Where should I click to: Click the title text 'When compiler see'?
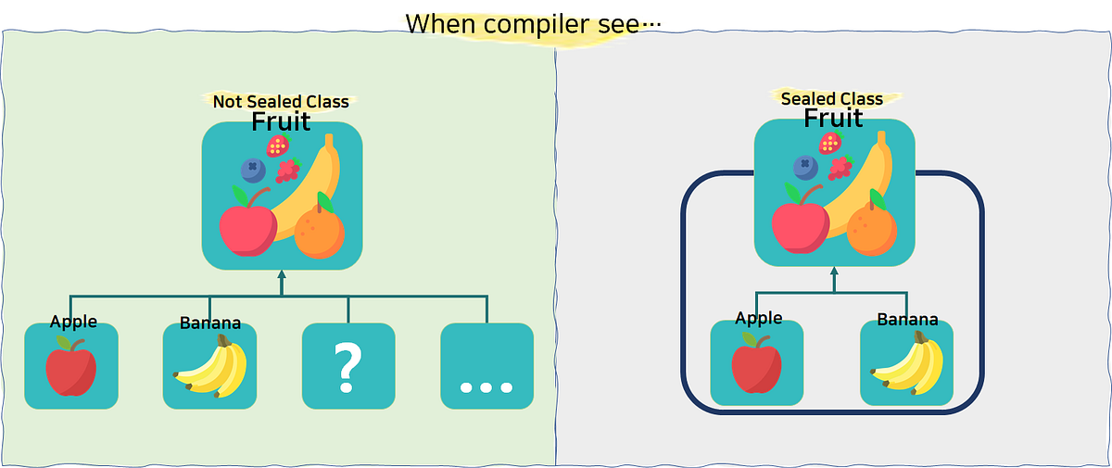click(x=533, y=23)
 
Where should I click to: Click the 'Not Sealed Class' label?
click(x=280, y=101)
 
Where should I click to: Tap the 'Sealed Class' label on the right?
click(x=831, y=98)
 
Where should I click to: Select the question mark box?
click(x=347, y=366)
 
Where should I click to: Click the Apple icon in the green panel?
click(x=71, y=367)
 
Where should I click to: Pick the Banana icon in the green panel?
click(x=210, y=367)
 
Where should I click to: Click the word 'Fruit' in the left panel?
click(x=281, y=122)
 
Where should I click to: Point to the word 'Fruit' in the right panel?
click(x=833, y=119)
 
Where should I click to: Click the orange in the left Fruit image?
click(x=320, y=231)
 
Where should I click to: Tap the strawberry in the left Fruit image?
click(x=277, y=145)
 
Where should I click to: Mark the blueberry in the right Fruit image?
click(x=804, y=168)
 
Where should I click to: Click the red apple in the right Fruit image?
click(x=800, y=224)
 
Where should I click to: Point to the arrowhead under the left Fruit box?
click(x=282, y=275)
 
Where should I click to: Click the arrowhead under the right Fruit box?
click(x=834, y=272)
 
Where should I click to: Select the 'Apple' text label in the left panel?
click(x=73, y=322)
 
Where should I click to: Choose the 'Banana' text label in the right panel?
click(x=907, y=320)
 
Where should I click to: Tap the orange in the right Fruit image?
click(x=872, y=229)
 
